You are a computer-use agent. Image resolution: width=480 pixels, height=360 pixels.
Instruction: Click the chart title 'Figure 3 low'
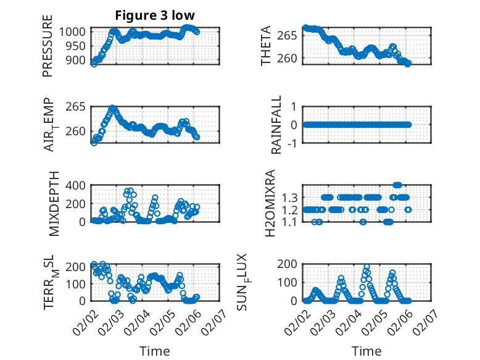(x=154, y=15)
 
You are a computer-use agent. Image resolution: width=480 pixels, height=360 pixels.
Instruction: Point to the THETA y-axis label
(x=266, y=46)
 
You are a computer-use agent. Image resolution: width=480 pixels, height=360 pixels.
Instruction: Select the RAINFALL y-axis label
(x=277, y=125)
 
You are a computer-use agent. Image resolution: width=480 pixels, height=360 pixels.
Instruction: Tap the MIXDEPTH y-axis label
(x=53, y=203)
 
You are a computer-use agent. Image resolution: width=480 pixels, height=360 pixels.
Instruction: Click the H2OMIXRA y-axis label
(x=270, y=203)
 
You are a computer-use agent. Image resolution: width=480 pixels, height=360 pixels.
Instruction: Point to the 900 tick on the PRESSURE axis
(x=80, y=61)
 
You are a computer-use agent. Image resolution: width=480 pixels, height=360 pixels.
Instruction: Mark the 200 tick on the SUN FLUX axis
(x=292, y=264)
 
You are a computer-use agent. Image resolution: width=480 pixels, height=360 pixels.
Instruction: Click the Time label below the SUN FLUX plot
(x=366, y=351)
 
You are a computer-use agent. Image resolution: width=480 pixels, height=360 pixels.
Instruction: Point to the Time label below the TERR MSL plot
(x=154, y=351)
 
